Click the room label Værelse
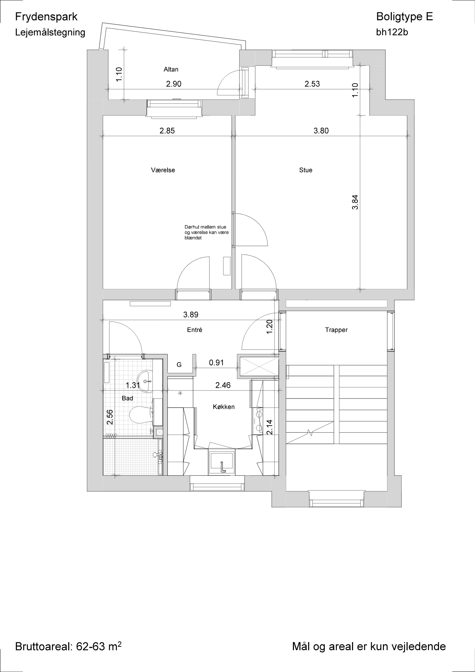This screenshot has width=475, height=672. tap(163, 170)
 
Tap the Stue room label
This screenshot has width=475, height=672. tap(306, 170)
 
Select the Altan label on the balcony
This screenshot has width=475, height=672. tap(171, 70)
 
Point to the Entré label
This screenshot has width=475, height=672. tap(195, 330)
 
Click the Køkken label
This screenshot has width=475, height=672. tap(224, 407)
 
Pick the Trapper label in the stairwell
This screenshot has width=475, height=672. tap(336, 330)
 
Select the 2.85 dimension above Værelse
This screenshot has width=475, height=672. tap(167, 131)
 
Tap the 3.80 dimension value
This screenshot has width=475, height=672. tap(321, 131)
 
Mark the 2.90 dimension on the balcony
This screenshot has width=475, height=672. tap(174, 84)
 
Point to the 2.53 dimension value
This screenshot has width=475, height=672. tap(312, 84)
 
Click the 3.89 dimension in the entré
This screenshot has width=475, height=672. tap(191, 315)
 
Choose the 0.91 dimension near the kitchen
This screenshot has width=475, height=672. tap(216, 363)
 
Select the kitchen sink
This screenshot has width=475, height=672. tap(222, 462)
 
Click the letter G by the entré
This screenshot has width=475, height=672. tap(179, 365)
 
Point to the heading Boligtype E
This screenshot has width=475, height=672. tap(404, 16)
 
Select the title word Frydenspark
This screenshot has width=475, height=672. tap(46, 17)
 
